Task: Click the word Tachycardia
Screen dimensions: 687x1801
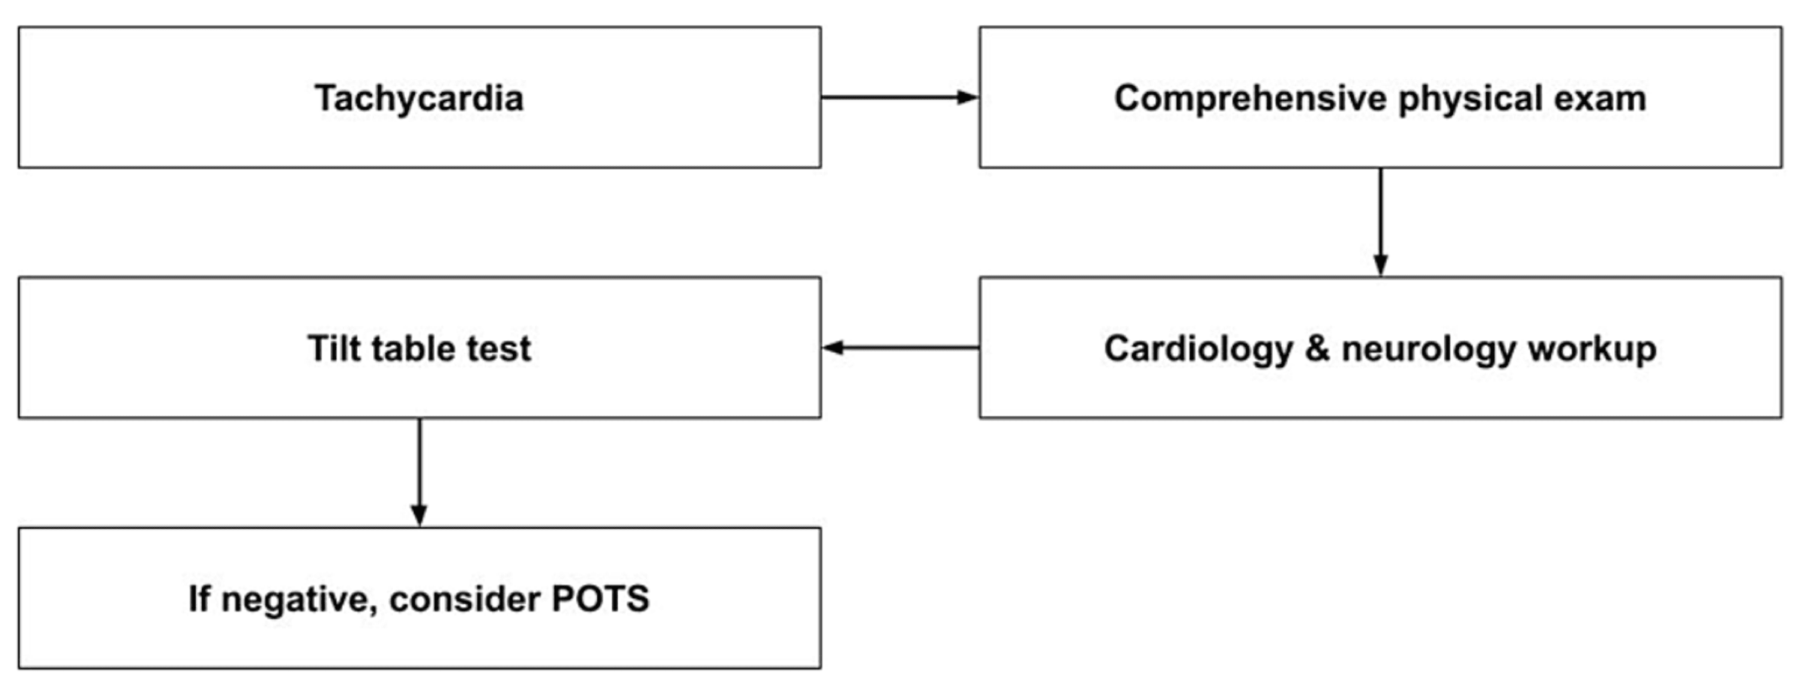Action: pos(419,98)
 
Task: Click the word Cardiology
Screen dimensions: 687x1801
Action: pos(1198,348)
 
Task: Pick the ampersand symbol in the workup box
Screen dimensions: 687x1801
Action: pos(1317,348)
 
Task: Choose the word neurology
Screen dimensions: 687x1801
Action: pos(1428,348)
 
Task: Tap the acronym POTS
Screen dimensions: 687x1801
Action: pos(600,598)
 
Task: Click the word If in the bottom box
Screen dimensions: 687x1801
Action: pos(199,598)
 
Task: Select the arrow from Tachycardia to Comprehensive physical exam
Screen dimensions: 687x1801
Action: pos(899,97)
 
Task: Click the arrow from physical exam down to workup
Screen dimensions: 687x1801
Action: pos(1380,221)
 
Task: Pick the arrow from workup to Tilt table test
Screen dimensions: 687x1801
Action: pos(901,347)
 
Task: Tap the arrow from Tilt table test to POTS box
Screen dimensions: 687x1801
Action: pos(419,472)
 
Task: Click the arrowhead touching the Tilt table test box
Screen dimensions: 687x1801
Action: pos(832,347)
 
